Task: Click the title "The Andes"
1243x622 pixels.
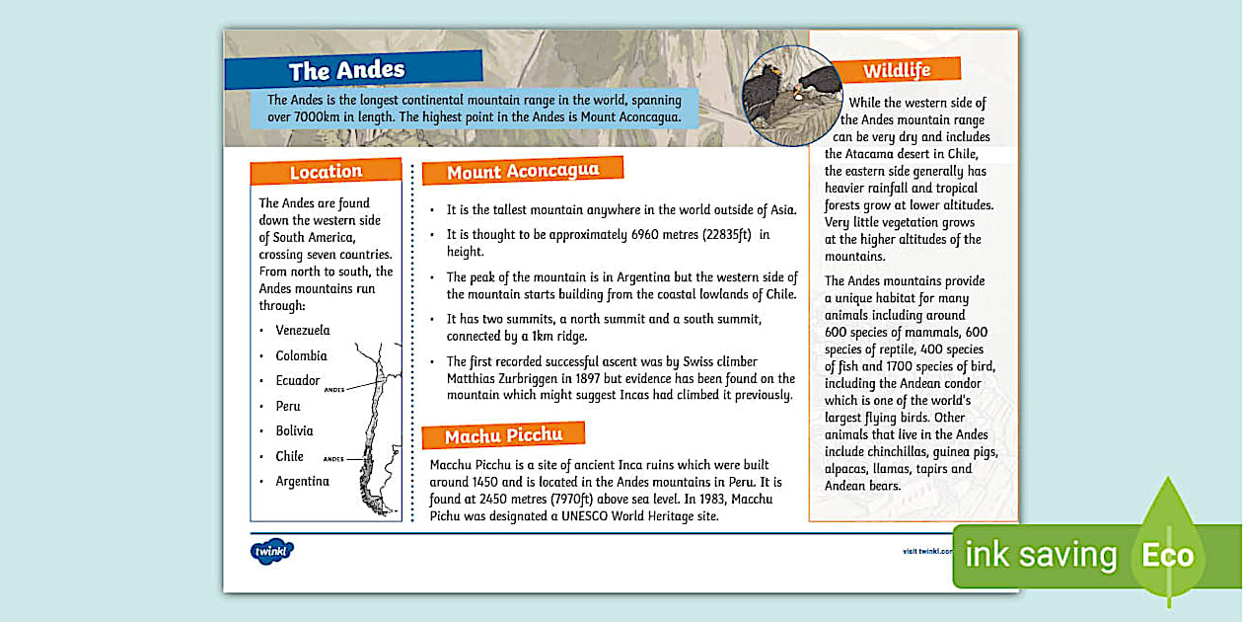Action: (346, 70)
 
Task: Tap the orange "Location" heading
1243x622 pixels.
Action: (326, 172)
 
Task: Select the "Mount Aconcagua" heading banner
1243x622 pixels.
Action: (522, 171)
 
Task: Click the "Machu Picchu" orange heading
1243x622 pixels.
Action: (503, 435)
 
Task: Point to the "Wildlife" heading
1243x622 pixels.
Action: (896, 70)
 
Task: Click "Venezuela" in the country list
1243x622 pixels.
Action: (303, 330)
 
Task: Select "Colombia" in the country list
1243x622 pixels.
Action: (301, 355)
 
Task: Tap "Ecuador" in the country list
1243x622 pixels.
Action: (298, 380)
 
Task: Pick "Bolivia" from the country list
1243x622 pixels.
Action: (294, 430)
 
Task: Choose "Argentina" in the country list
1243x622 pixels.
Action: (302, 481)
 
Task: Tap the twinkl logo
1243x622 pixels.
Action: (271, 551)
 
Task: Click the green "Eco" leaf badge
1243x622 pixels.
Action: (1168, 554)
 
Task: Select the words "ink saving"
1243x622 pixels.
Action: (1040, 555)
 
